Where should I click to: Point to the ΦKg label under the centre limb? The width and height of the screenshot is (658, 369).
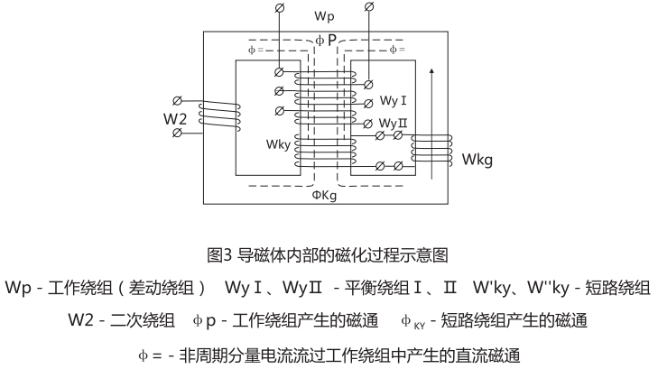326,194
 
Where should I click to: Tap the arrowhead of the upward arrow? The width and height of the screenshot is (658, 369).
436,70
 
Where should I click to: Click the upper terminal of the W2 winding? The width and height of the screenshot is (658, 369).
178,100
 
